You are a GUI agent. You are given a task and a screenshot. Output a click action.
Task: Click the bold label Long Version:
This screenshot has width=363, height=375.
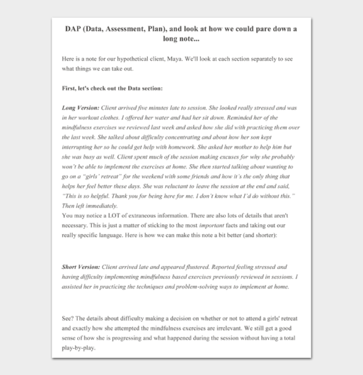click(81, 107)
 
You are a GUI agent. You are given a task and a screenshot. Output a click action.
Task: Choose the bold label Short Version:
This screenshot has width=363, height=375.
click(81, 267)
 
